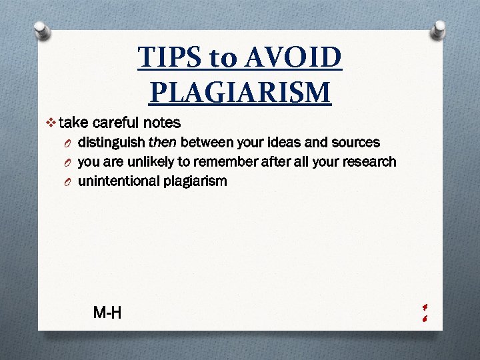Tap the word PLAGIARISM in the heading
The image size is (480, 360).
pyautogui.click(x=240, y=91)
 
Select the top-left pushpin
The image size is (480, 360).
pyautogui.click(x=41, y=29)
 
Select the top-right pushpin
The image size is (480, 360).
pyautogui.click(x=439, y=28)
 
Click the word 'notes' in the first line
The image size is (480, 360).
pyautogui.click(x=162, y=123)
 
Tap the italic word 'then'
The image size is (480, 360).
pyautogui.click(x=163, y=142)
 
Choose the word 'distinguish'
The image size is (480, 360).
pyautogui.click(x=111, y=142)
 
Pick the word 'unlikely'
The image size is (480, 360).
pyautogui.click(x=144, y=161)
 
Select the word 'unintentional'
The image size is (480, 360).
pyautogui.click(x=119, y=181)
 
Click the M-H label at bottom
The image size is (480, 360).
pyautogui.click(x=107, y=311)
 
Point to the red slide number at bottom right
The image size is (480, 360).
pyautogui.click(x=424, y=312)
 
